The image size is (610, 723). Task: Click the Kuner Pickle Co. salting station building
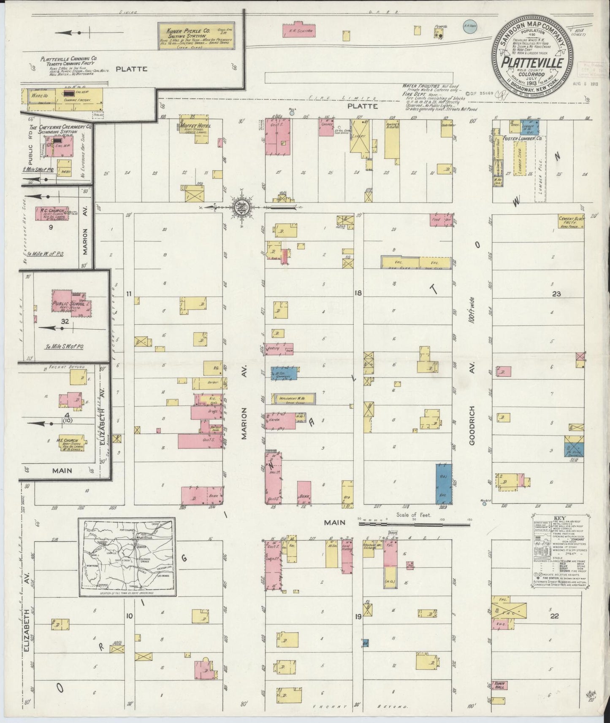[x=196, y=36]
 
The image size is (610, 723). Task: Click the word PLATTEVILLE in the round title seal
[x=531, y=64]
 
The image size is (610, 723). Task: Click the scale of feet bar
[x=414, y=525]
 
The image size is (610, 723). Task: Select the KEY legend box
[x=560, y=550]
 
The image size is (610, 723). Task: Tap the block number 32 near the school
[x=64, y=321]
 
